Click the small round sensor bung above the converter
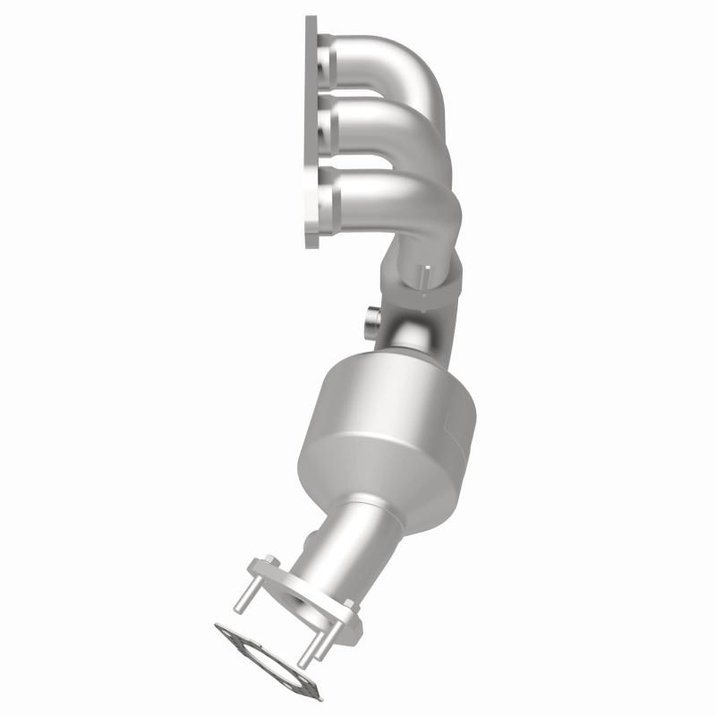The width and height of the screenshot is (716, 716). tap(371, 321)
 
